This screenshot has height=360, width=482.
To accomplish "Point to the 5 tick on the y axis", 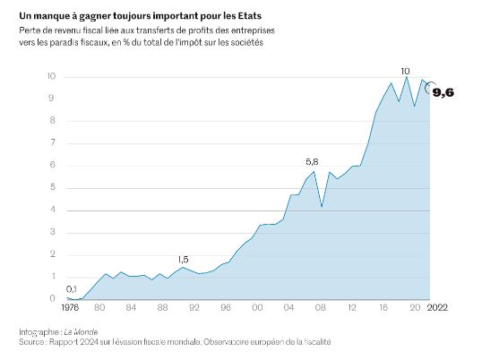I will click(x=54, y=188).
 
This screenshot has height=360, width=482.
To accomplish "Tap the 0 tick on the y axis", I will click(x=54, y=299).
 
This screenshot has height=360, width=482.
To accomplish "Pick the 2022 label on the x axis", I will click(x=437, y=308).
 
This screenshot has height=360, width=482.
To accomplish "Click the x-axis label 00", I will click(x=258, y=308).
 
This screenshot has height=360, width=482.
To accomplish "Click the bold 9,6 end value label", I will click(x=443, y=92).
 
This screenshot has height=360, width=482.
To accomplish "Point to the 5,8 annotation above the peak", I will click(x=312, y=162).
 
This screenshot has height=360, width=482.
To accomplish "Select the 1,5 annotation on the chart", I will click(x=183, y=259).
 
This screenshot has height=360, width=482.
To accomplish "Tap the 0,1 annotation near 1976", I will click(x=72, y=288).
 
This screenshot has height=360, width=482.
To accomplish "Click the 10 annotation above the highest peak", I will click(x=406, y=70).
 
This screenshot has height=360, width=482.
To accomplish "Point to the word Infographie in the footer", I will click(x=39, y=332).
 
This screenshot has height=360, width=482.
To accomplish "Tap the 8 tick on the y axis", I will click(x=54, y=121).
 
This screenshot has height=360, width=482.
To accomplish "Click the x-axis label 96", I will click(x=227, y=308).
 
